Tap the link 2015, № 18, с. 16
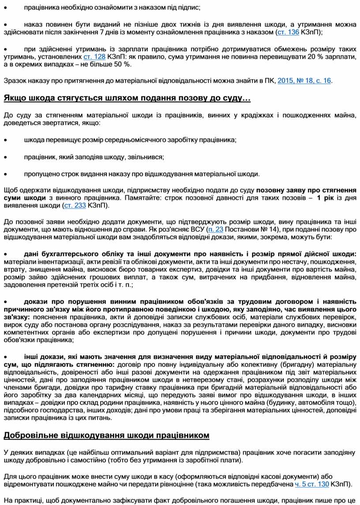click(x=305, y=81)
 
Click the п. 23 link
click(x=216, y=230)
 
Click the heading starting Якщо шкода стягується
click(x=127, y=98)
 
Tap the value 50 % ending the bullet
click(x=122, y=64)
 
